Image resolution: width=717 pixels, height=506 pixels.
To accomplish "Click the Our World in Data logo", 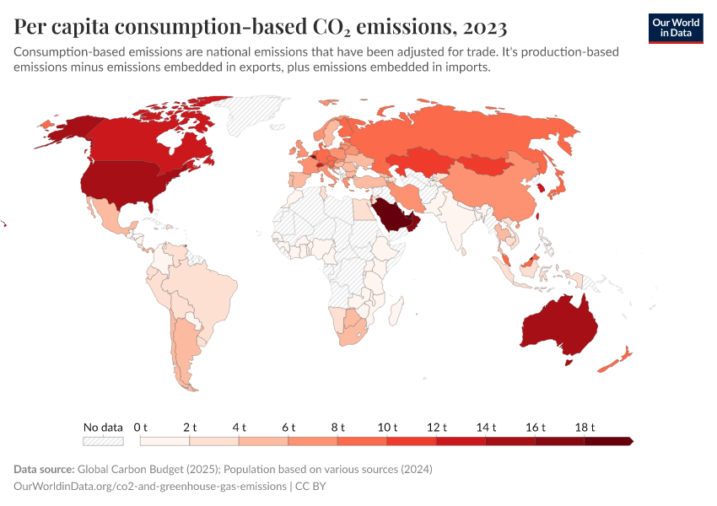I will point(675,27).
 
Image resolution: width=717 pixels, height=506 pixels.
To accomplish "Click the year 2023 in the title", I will point(483,27).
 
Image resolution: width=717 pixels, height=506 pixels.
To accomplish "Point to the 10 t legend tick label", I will point(388,428).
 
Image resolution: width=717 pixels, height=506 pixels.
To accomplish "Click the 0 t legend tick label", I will point(141,428).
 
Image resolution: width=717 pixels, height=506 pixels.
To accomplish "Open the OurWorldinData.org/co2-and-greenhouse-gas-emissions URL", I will point(148,487).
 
